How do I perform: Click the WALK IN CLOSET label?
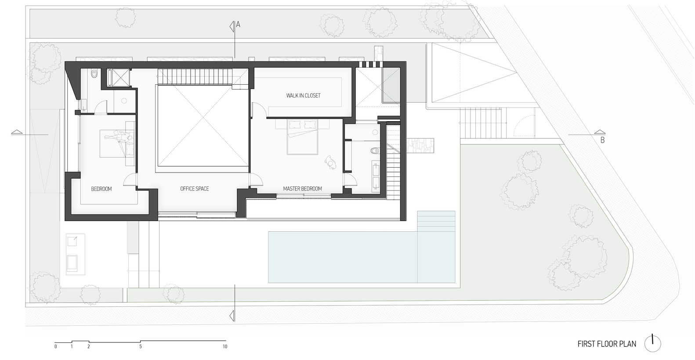303,95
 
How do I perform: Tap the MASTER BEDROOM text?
302,189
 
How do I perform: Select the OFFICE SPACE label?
195,189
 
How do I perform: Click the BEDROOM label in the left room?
101,189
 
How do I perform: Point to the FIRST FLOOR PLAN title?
607,344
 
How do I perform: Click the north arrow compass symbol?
653,343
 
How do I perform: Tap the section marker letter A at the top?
238,25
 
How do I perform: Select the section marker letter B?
602,140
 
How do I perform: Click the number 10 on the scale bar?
225,347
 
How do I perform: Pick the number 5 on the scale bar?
141,347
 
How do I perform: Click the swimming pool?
343,257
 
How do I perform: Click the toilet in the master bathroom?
374,151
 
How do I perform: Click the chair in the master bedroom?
330,162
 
